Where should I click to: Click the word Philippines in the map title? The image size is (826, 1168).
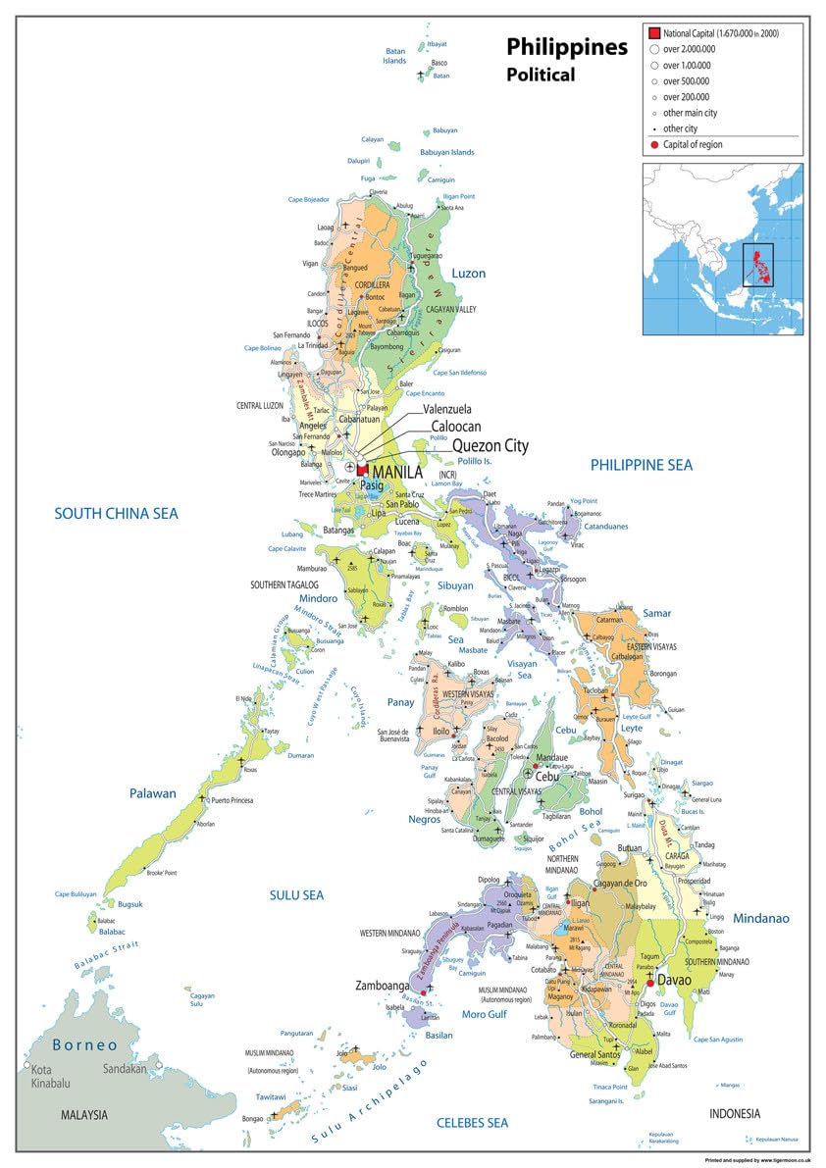(x=566, y=47)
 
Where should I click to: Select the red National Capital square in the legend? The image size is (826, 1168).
(x=654, y=32)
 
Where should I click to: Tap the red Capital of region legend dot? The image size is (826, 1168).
(x=653, y=145)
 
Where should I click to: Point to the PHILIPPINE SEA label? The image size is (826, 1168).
(x=654, y=465)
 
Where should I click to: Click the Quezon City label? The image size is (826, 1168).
(x=490, y=446)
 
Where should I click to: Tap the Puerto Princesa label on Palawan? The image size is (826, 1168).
(x=232, y=800)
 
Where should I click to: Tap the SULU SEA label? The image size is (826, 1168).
(x=296, y=894)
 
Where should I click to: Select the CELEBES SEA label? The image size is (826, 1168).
(x=472, y=1122)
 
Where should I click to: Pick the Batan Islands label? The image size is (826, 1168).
(x=394, y=56)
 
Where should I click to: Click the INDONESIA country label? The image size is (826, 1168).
(x=735, y=1113)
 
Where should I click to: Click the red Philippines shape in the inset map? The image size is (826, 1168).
(x=758, y=262)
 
